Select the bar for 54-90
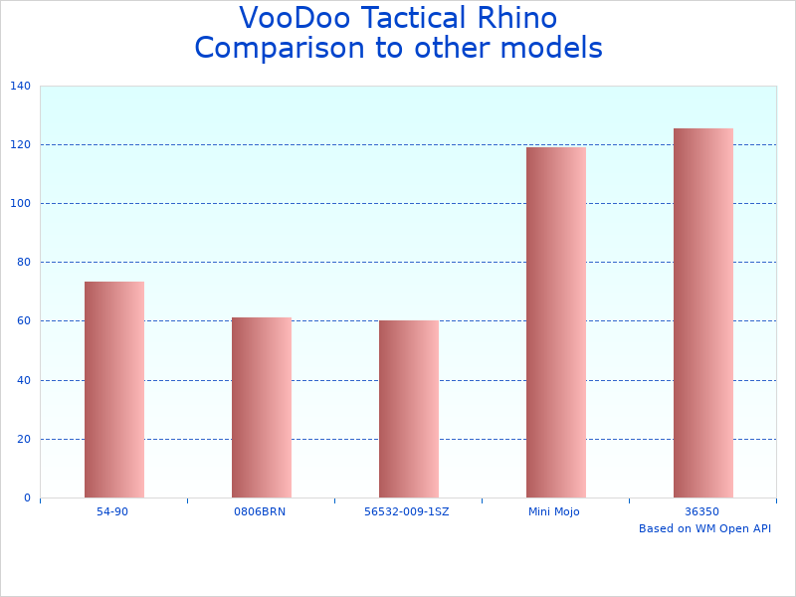113,389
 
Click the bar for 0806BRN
261,407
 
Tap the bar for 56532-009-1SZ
408,409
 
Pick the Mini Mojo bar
555,322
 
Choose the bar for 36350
702,312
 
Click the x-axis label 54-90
112,511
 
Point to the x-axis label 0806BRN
260,511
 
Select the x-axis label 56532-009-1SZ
408,511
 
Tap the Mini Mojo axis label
554,511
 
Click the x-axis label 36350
702,511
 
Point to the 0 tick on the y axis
26,497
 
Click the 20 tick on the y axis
23,439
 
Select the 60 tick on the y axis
23,321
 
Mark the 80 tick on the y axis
23,263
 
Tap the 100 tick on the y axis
20,204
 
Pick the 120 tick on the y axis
20,145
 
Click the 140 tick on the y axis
20,87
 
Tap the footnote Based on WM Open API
704,528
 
